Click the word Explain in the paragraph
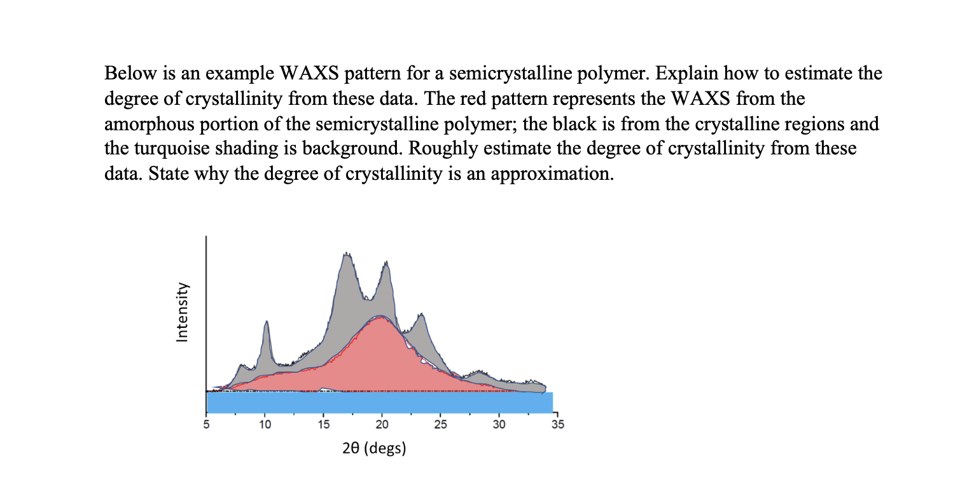point(686,73)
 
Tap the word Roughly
point(443,149)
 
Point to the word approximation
point(552,174)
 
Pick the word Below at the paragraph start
point(130,73)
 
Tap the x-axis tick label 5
point(206,424)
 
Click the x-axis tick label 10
point(265,424)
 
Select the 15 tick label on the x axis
point(324,424)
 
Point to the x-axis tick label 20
point(382,424)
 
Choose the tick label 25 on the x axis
point(441,424)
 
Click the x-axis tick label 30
point(499,424)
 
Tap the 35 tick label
point(557,424)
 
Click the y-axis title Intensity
point(182,312)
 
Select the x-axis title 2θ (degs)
point(374,448)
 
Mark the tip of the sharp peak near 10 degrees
point(267,321)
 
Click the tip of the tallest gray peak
point(346,254)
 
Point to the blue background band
point(380,402)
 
